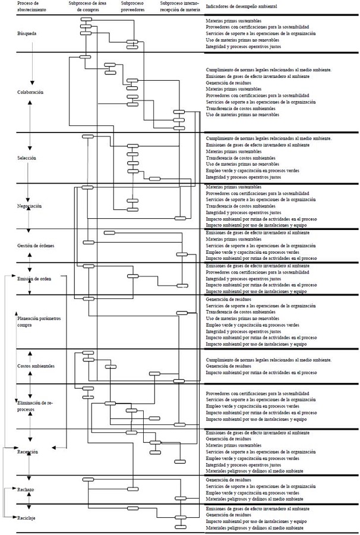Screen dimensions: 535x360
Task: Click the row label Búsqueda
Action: pos(27,33)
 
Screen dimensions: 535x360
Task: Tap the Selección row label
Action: pos(27,158)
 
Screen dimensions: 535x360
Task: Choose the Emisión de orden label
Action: pos(34,278)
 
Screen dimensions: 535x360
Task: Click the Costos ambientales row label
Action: pos(36,366)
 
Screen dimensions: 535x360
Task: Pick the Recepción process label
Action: pos(28,452)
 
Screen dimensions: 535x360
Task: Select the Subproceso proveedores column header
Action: pos(134,7)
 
